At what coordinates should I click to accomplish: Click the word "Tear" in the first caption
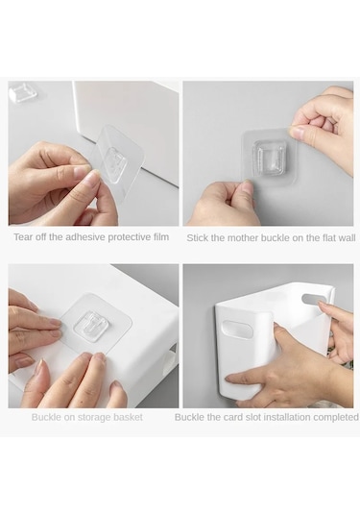click(x=22, y=237)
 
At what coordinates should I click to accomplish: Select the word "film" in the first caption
click(x=161, y=236)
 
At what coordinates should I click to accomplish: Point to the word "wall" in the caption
click(x=347, y=238)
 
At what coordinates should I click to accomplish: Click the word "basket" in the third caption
click(x=128, y=417)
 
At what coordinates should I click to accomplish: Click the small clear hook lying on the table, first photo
click(x=23, y=91)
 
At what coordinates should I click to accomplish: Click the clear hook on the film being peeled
click(x=115, y=162)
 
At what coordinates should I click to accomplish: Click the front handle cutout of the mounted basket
click(x=237, y=330)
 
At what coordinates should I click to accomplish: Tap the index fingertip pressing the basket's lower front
click(x=230, y=379)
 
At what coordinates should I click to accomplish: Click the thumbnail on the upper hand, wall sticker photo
click(x=298, y=133)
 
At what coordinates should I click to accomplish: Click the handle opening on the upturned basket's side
click(x=170, y=358)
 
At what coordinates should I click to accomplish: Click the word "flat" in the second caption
click(x=328, y=238)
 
